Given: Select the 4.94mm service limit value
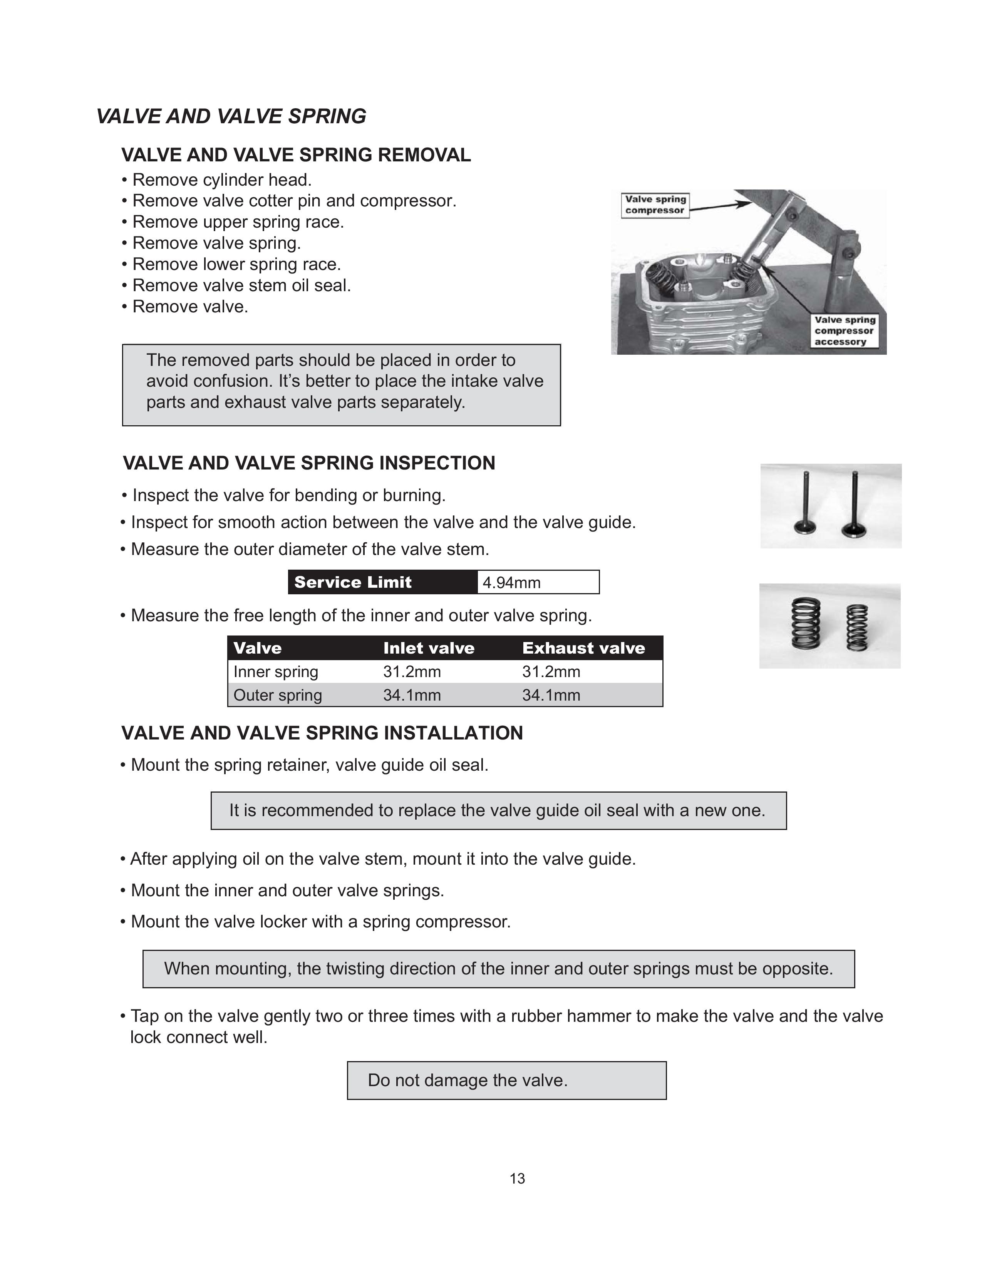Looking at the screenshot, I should coord(511,582).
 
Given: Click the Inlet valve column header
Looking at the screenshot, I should coord(429,648).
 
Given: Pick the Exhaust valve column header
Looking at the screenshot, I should coord(583,648).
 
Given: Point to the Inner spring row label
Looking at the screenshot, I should coord(276,672).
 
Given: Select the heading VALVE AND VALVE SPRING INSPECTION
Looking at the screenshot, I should coord(309,463).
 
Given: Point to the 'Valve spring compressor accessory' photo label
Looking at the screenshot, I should coord(844,330).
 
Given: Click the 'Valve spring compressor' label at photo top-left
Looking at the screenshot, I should coord(655,205).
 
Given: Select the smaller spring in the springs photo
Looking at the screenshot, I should coord(856,628).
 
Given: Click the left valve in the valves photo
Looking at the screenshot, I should coord(806,503).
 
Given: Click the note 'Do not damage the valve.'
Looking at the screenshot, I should coord(468,1080).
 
